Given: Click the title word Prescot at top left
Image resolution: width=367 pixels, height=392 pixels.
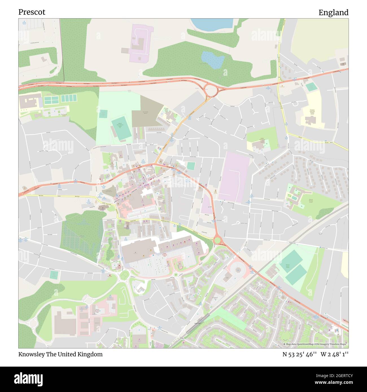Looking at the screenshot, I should (32, 12).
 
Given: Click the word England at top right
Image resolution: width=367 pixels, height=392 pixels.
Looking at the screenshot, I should (333, 13).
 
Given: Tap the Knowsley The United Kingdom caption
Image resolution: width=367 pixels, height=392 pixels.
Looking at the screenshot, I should (60, 354).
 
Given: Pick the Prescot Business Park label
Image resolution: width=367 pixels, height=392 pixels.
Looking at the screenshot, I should (97, 311).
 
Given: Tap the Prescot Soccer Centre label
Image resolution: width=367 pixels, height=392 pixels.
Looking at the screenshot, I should (288, 266).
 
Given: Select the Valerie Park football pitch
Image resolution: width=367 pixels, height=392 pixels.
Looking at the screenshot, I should (121, 129).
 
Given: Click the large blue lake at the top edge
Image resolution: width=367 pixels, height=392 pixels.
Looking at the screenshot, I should (212, 25).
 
